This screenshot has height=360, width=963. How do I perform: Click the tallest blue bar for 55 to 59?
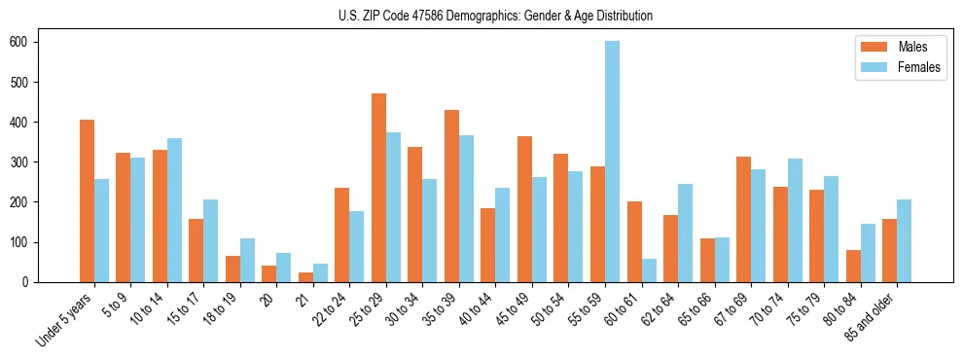point(612,162)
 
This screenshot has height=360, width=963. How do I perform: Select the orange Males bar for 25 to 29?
point(378,188)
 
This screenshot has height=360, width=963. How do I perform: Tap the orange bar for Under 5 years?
point(87,200)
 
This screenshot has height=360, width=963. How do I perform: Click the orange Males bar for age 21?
point(305,277)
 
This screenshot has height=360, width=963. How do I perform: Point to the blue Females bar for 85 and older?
point(904,240)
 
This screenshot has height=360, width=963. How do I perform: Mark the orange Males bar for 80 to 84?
point(853,266)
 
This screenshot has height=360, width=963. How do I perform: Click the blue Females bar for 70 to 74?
point(795,220)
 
